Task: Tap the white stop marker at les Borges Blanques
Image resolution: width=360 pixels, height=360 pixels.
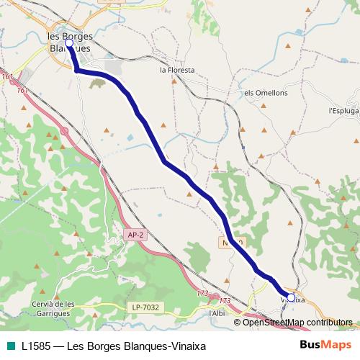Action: coord(69,44)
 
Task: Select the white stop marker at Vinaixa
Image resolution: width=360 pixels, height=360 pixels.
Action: coord(291,296)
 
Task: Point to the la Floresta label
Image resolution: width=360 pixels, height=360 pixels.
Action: coord(177,71)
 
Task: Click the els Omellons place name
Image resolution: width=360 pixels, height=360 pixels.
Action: coord(266,93)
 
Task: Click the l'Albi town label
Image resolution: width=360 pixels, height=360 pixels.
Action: coord(217,313)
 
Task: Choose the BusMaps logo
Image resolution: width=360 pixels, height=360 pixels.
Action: coord(324,345)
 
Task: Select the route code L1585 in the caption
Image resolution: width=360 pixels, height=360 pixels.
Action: coord(36,346)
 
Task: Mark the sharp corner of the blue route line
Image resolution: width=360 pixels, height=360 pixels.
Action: coord(76,70)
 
